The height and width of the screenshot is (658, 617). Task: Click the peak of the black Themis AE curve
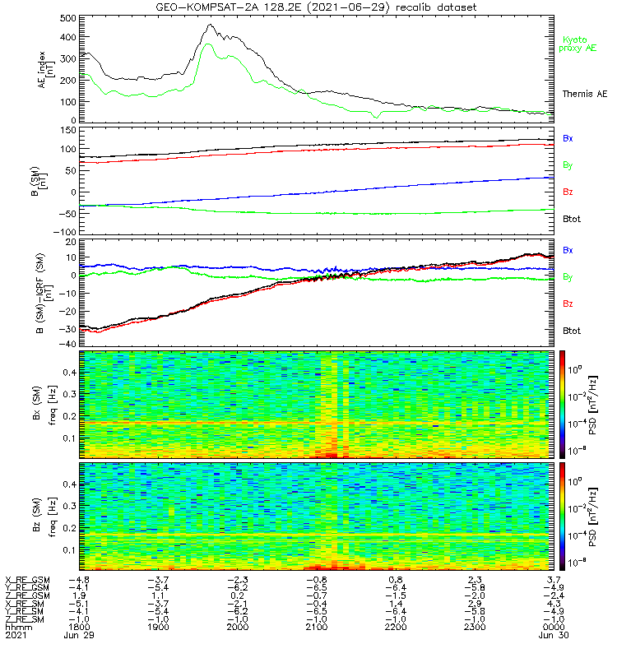click(x=211, y=25)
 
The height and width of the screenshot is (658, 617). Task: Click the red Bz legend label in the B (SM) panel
click(x=568, y=192)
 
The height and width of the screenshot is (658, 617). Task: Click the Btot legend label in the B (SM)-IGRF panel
click(x=571, y=330)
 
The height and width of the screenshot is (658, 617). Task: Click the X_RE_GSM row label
click(x=27, y=580)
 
